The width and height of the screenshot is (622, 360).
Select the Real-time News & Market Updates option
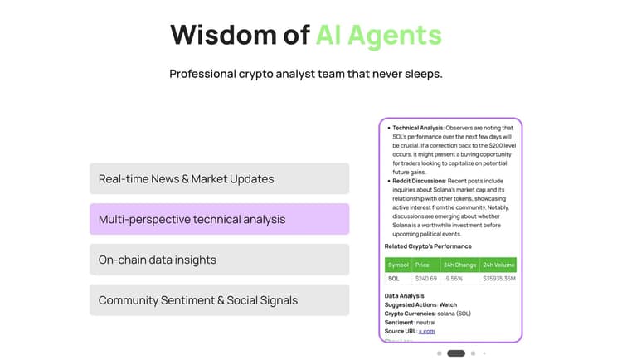[219, 178]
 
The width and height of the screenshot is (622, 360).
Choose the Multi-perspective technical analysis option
[219, 219]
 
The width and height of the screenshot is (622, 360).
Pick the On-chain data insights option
[219, 260]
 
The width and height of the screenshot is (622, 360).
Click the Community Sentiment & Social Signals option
[219, 300]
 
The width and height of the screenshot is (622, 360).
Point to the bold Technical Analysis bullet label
[418, 129]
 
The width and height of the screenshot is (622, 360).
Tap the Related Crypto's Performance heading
[428, 246]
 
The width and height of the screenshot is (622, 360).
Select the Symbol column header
[398, 265]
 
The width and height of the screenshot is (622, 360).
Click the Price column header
[422, 265]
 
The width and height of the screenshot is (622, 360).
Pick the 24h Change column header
[459, 265]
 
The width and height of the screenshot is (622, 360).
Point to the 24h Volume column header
[498, 265]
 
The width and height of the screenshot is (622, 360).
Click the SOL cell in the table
[394, 279]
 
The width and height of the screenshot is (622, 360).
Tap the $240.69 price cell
[425, 279]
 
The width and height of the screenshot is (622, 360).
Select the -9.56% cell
[454, 279]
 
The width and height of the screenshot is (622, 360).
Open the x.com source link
[426, 331]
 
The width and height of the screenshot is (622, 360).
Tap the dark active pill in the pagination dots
[456, 353]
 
